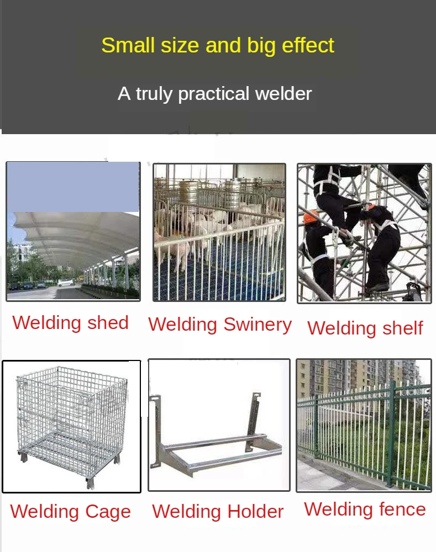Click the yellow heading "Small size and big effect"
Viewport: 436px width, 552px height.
pos(218,45)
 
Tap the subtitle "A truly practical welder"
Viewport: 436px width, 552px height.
pos(214,93)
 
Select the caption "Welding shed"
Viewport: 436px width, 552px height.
pos(70,323)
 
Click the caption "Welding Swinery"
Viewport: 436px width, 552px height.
pos(219,325)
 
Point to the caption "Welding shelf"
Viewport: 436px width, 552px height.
pos(365,328)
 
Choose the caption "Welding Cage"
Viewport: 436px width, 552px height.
pos(70,512)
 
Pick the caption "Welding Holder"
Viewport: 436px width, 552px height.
pos(218,512)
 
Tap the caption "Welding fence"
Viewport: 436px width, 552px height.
pos(365,509)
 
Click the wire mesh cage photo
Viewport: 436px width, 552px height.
pos(71,426)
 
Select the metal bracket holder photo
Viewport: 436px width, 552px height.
pos(219,425)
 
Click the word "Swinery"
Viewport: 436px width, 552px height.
pos(258,325)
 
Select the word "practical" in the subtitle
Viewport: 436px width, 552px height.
pos(214,94)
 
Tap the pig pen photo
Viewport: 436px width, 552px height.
pos(219,232)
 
